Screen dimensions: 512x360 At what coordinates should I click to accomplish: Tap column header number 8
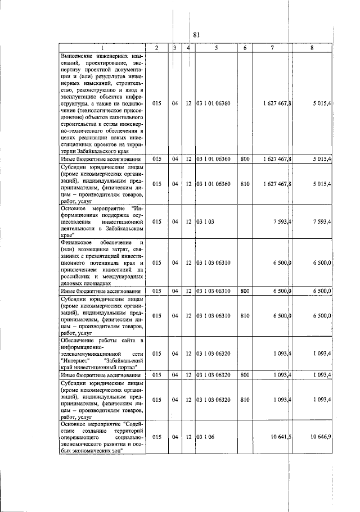[311, 48]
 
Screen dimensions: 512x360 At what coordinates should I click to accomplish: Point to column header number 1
[102, 48]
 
